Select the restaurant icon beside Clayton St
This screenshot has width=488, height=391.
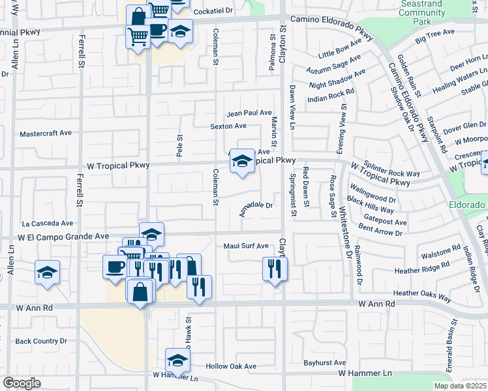point(275,268)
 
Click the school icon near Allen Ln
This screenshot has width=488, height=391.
point(47,272)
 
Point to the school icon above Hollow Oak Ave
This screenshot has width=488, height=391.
point(177,360)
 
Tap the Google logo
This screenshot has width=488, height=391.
point(22,383)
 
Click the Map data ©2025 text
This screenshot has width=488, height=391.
point(460,386)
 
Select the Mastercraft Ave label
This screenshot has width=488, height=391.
point(46,133)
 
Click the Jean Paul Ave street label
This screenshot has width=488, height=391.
point(249,113)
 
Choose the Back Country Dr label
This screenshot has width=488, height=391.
point(41,341)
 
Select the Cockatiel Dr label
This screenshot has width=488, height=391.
point(211,10)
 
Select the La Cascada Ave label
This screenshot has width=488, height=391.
point(47,223)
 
